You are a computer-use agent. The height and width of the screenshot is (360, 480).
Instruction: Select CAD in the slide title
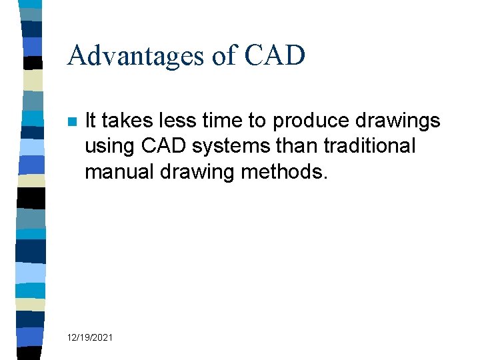tap(275, 56)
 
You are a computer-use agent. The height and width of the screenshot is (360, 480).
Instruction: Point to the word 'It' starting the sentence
tap(91, 121)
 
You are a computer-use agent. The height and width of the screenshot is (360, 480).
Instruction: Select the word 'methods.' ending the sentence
tap(285, 171)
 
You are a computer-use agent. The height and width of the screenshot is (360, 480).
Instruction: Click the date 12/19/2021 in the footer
tap(90, 338)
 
